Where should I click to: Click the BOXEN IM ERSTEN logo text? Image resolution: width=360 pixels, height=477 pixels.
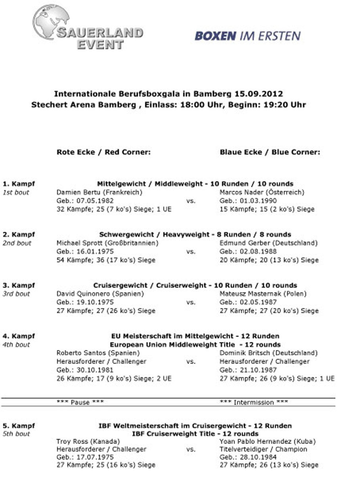click(x=247, y=36)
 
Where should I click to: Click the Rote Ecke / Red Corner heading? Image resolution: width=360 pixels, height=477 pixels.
click(x=103, y=152)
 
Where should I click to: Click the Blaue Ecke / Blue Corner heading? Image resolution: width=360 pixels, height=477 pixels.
click(x=270, y=152)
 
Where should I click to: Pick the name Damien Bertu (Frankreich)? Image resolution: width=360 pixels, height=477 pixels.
click(x=99, y=193)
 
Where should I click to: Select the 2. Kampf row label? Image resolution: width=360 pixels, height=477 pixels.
click(x=19, y=235)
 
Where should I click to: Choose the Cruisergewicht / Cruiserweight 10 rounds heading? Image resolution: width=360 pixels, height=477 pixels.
click(x=195, y=285)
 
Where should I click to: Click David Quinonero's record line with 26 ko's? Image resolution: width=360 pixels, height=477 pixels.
click(x=106, y=311)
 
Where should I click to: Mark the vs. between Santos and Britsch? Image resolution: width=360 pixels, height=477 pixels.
click(x=190, y=362)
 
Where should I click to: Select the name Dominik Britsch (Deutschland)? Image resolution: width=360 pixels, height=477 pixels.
click(x=268, y=353)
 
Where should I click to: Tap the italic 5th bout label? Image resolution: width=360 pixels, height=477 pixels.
click(x=16, y=434)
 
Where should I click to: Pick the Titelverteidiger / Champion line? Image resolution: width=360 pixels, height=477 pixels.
click(x=263, y=449)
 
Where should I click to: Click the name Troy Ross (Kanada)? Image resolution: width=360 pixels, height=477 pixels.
click(x=88, y=441)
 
